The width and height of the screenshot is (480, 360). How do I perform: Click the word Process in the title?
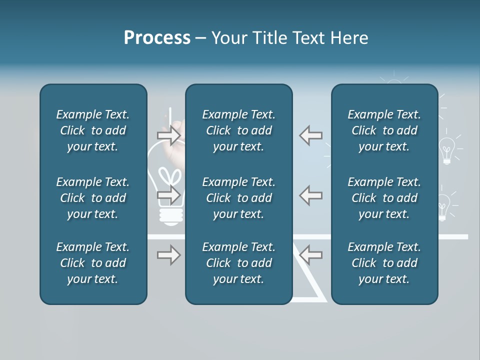[157, 38]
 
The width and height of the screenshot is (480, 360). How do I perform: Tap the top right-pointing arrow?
[169, 135]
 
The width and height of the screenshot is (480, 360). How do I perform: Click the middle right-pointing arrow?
[169, 195]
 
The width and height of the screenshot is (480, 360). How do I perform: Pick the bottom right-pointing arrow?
[169, 255]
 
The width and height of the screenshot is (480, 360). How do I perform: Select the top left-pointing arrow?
[310, 135]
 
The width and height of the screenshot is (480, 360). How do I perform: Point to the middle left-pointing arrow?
[310, 195]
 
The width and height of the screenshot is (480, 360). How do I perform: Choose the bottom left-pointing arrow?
[310, 254]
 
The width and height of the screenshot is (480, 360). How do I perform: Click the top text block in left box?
[93, 130]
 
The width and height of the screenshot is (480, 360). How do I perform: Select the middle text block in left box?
[93, 198]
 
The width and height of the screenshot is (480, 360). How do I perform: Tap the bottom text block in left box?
[93, 263]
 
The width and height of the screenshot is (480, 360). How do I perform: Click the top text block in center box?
[238, 130]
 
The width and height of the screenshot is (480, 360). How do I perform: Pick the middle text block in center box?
[238, 198]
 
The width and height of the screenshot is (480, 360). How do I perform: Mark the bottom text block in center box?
[238, 263]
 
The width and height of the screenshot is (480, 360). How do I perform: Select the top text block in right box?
[384, 130]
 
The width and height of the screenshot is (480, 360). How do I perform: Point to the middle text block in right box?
[384, 198]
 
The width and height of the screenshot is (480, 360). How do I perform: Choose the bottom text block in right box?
[384, 263]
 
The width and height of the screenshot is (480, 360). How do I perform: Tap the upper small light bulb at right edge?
[446, 150]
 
